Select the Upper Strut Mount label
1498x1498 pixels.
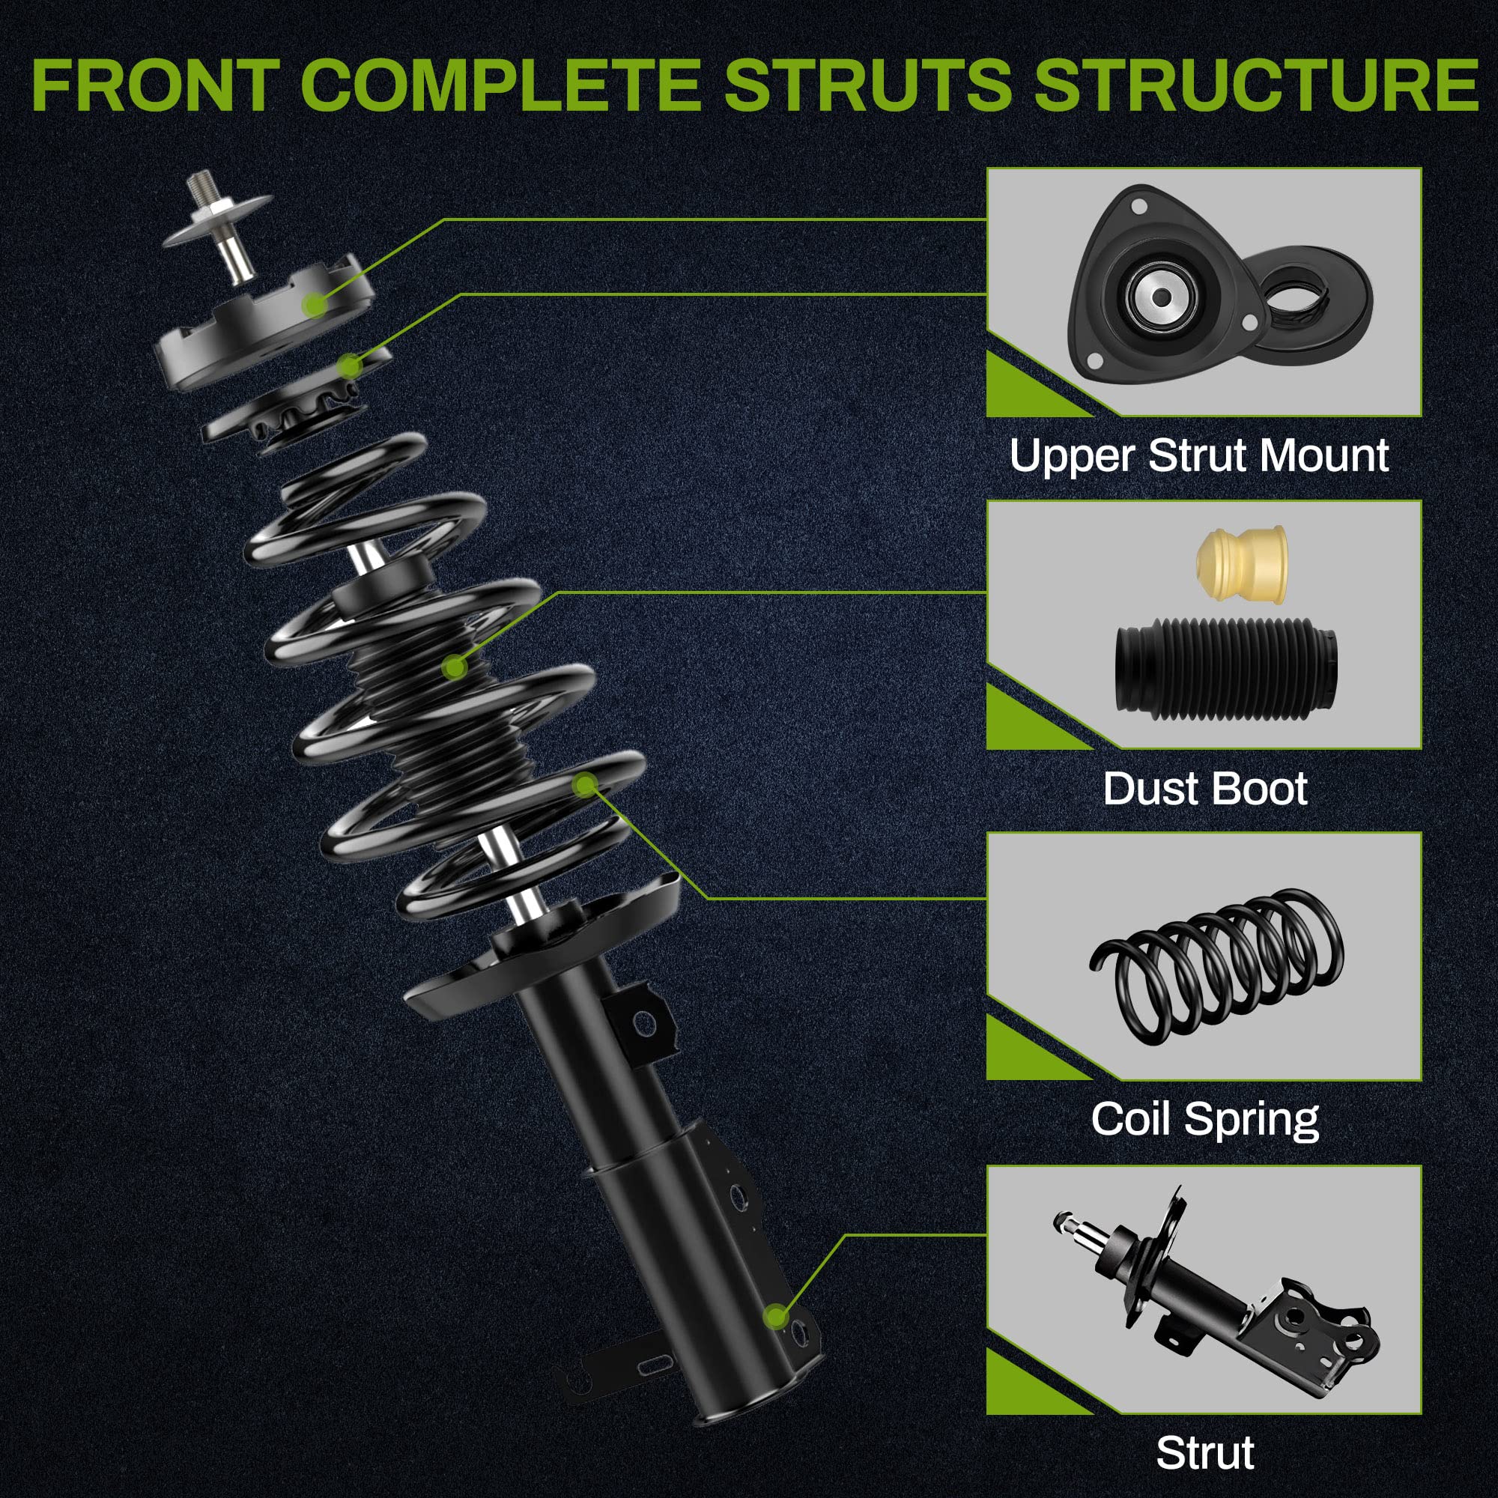(1198, 456)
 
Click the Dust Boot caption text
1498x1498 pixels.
(1204, 789)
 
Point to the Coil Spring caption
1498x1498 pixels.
(1204, 1120)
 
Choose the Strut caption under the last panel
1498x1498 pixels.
(1204, 1452)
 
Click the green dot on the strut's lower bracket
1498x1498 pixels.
(775, 1316)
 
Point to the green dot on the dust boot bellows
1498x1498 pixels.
(455, 665)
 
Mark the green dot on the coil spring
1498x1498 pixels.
(585, 786)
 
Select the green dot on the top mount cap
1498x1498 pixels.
(315, 303)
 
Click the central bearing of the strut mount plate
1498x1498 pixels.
(1161, 297)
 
